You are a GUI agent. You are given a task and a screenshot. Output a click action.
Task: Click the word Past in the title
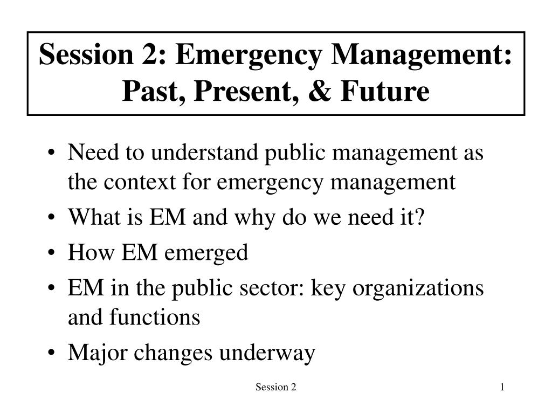[x=154, y=92]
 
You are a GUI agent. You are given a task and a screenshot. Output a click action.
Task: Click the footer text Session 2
[x=276, y=387]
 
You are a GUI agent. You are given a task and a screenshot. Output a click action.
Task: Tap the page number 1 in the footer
[x=502, y=387]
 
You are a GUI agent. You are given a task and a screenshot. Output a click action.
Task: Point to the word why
[x=254, y=218]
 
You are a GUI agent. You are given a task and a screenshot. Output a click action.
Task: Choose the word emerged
[x=206, y=253]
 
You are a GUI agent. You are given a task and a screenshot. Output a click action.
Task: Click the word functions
[x=155, y=317]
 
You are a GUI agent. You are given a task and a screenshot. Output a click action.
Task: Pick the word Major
[x=97, y=353]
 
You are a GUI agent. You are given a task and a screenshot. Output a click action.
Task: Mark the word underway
[x=267, y=353]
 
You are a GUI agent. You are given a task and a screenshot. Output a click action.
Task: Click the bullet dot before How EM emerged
[x=51, y=253]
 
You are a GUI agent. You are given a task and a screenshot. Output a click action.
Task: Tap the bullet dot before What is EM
[x=51, y=218]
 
